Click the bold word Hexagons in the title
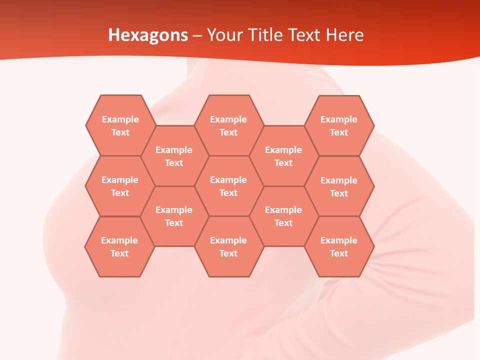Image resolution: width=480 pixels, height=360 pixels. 148,35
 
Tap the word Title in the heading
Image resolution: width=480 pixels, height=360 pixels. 268,35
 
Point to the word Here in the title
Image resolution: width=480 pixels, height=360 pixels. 345,35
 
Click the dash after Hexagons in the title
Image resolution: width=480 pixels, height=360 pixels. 197,35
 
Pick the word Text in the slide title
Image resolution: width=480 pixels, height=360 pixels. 305,35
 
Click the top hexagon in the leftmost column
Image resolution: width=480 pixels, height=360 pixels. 120,125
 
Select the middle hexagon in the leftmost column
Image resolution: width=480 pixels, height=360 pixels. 120,186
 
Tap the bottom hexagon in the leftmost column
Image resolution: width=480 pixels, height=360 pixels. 119,246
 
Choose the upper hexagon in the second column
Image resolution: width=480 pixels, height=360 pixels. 174,156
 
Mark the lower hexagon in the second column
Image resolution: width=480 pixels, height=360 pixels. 174,216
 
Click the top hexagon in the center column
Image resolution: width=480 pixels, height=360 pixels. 228,125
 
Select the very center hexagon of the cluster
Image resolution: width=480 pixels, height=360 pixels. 228,186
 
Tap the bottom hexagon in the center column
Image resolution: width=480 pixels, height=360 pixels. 228,246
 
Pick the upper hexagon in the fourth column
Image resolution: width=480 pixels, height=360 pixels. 283,156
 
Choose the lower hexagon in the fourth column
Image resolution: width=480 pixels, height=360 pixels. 283,216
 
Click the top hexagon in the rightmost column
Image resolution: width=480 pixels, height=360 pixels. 339,125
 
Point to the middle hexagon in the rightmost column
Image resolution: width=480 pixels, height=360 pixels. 339,186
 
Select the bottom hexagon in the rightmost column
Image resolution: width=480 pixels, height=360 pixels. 339,246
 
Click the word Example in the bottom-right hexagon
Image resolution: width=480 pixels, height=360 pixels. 339,240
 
